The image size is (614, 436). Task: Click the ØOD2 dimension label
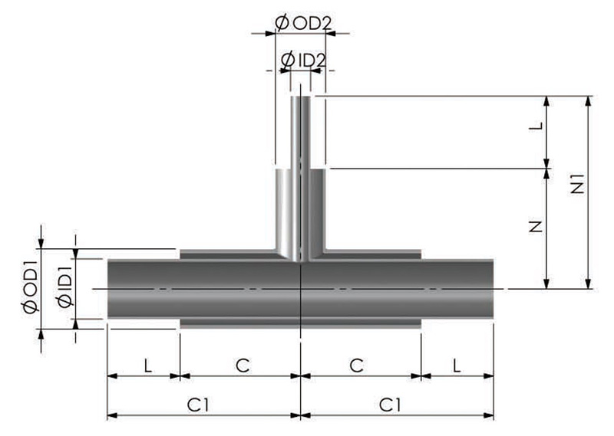303,24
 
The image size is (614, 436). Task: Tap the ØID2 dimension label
303,61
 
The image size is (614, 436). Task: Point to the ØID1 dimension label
65,287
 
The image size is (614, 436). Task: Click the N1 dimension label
578,184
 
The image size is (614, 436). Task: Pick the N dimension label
536,227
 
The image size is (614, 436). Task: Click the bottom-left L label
147,366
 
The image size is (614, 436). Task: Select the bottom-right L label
456,366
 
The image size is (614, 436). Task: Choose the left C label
243,366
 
